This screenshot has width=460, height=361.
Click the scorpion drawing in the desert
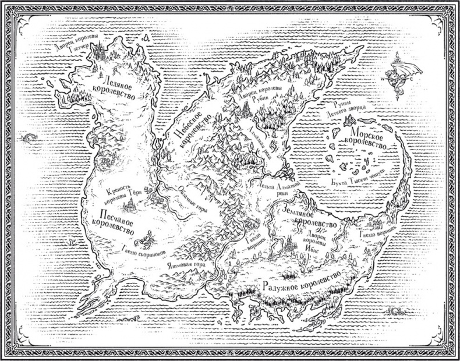[144, 240]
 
